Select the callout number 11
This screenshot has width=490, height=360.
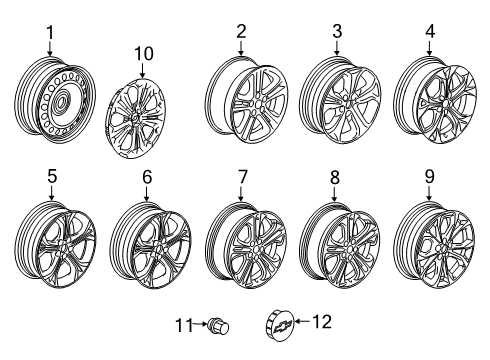point(183,325)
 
